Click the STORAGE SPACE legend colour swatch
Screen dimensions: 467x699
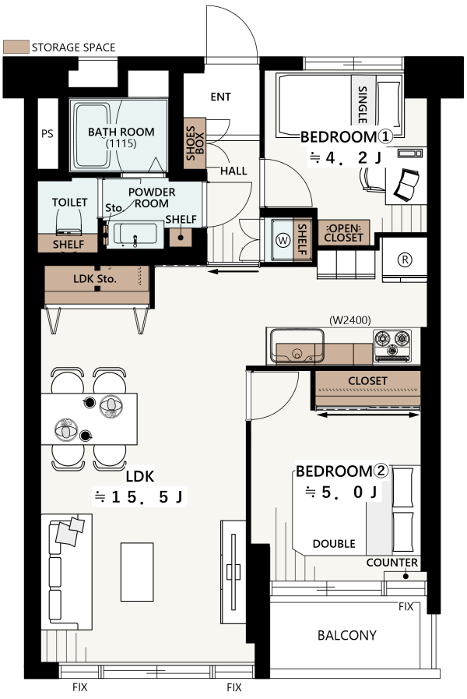tap(16, 47)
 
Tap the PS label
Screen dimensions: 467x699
tap(47, 134)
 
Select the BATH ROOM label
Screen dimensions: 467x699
tap(121, 132)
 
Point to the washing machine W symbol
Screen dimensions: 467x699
tap(283, 240)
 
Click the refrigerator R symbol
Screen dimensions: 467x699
tap(405, 259)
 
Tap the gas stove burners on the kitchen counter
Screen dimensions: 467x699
tap(392, 345)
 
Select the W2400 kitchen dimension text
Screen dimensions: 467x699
tap(350, 320)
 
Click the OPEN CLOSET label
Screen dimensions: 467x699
tap(344, 233)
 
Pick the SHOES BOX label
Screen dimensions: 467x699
tap(195, 143)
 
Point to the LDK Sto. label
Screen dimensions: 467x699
tap(95, 279)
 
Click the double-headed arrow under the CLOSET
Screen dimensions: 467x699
tap(367, 415)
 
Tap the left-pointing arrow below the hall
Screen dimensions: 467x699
tap(233, 271)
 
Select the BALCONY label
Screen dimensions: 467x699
tap(347, 635)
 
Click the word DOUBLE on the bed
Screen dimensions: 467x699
tap(334, 544)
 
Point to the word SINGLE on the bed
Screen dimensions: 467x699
tap(363, 104)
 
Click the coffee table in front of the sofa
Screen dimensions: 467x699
tap(137, 571)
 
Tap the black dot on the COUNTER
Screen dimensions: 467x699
tap(406, 576)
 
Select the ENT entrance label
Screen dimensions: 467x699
tap(221, 97)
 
